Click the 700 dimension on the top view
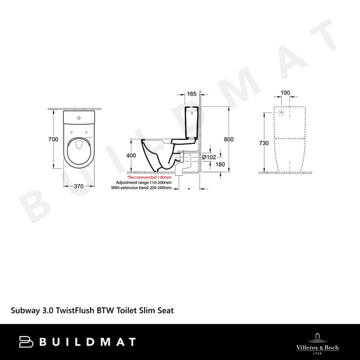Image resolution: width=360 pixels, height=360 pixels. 53,139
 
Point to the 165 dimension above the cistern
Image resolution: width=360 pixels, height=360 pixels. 192,94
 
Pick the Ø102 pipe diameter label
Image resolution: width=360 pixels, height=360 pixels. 209,157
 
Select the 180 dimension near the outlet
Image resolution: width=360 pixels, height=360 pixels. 220,164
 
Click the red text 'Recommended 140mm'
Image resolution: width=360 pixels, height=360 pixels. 149,178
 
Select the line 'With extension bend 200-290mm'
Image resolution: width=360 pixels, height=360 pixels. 141,188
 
